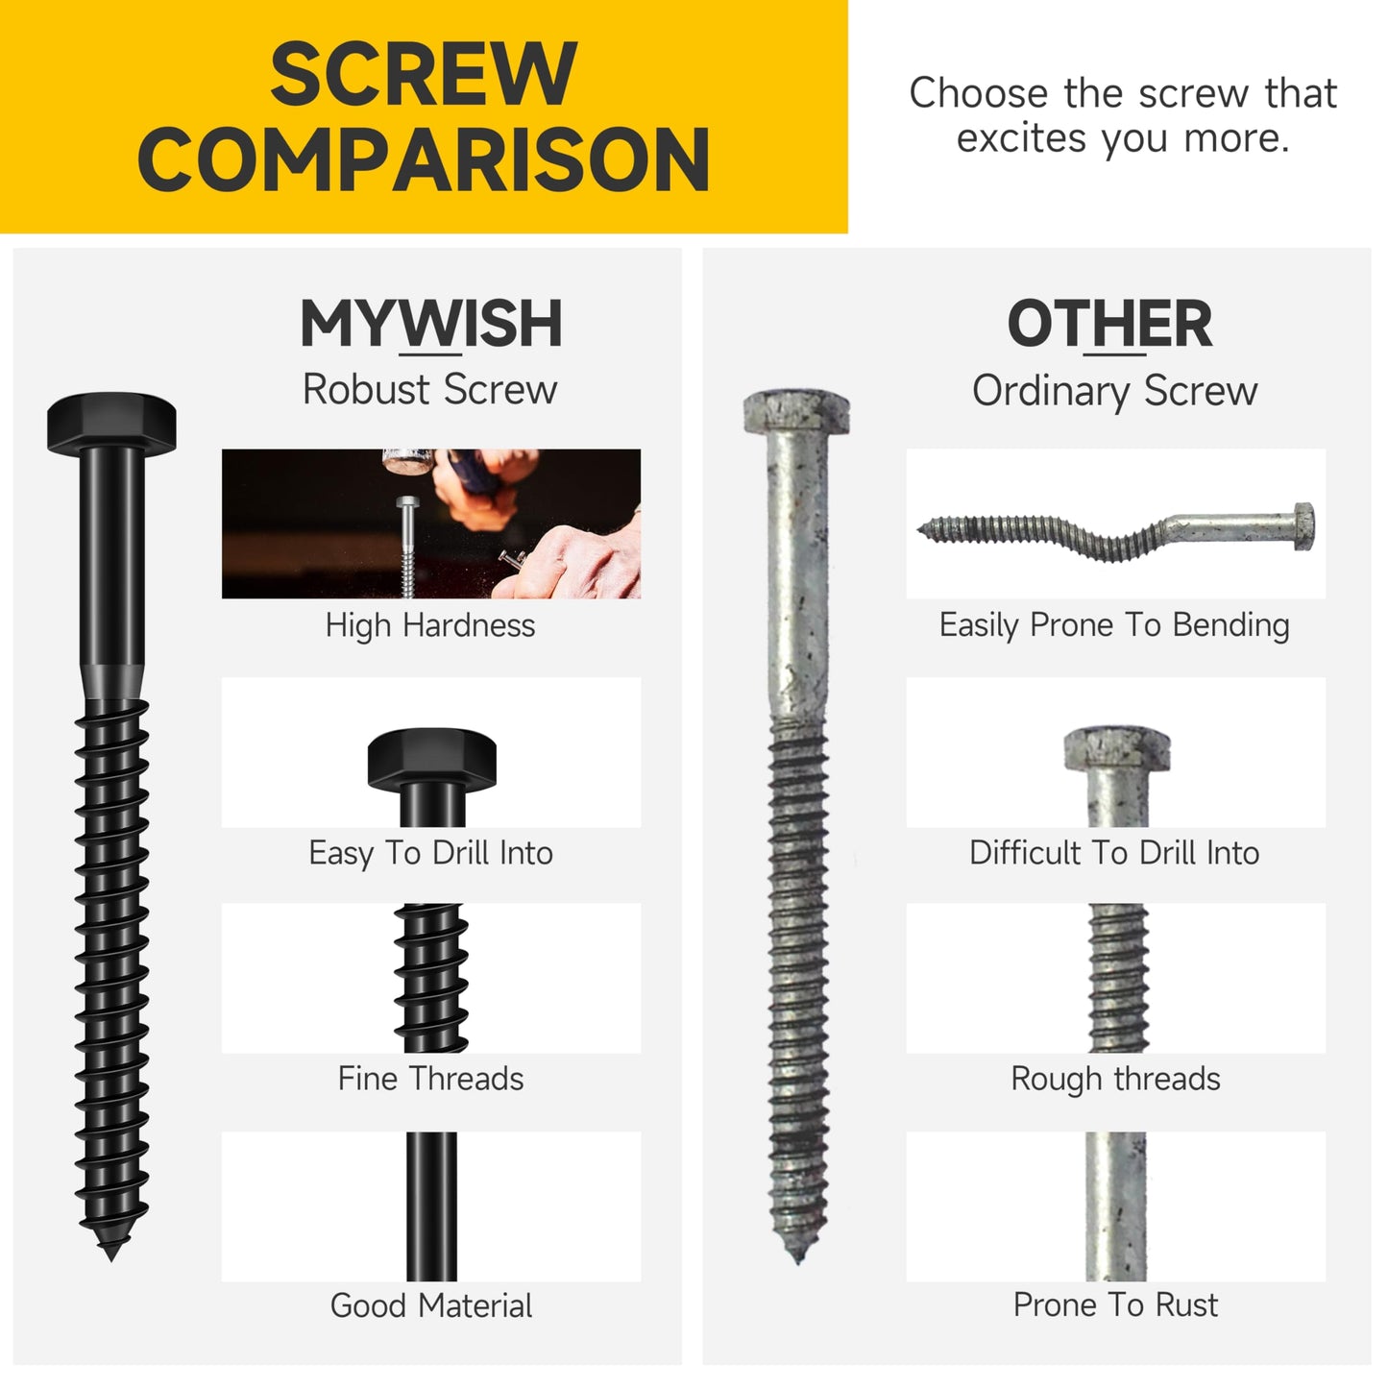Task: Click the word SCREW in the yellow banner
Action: click(423, 75)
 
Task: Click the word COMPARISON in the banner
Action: click(424, 160)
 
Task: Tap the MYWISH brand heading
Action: click(430, 324)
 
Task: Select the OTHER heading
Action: click(1109, 324)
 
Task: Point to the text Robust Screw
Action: click(429, 390)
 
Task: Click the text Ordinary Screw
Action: click(1114, 391)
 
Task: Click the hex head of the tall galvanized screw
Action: click(797, 411)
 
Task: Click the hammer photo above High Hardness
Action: click(430, 524)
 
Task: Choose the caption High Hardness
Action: click(429, 625)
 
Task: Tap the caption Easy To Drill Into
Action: click(430, 853)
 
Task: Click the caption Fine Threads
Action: click(430, 1079)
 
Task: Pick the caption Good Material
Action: click(430, 1305)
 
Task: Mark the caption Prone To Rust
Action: click(1114, 1305)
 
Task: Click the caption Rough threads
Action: click(1114, 1079)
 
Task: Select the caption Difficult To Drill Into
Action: click(1114, 853)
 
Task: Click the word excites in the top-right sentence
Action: click(1022, 139)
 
